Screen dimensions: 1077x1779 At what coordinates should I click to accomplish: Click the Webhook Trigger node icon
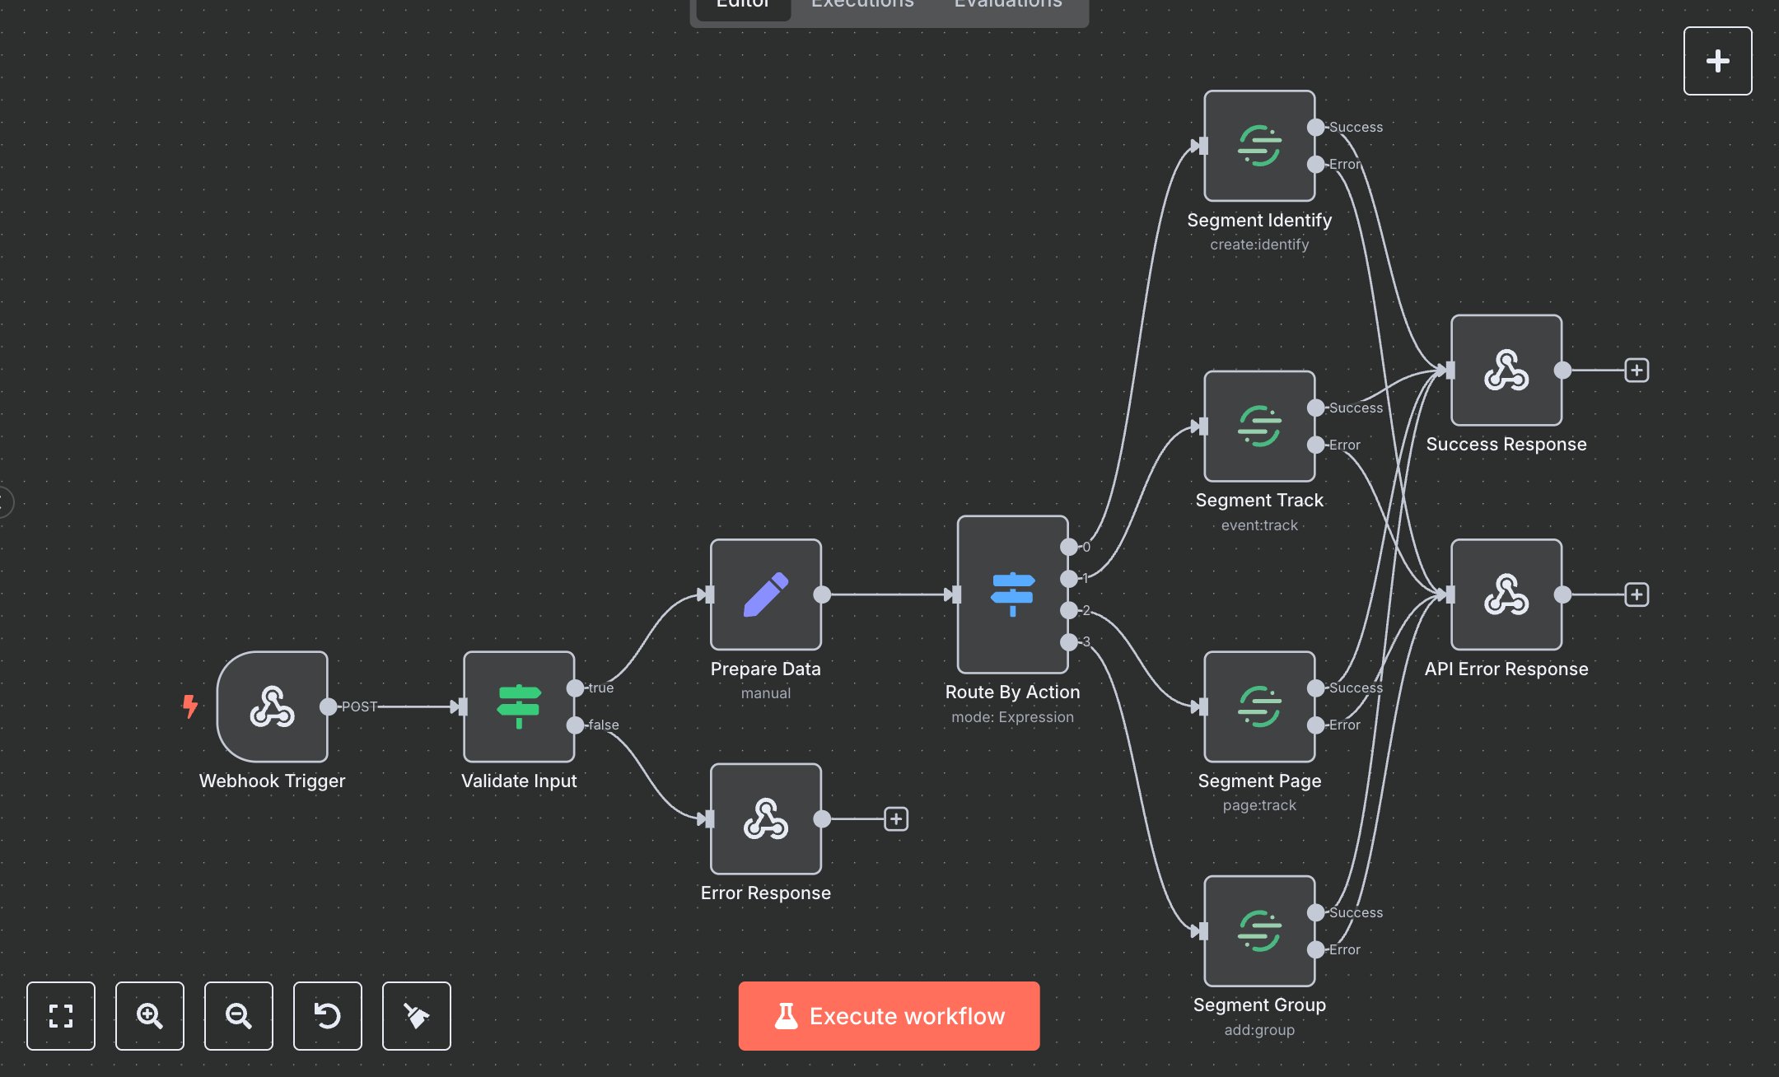[272, 706]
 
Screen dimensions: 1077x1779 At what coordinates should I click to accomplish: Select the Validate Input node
[519, 706]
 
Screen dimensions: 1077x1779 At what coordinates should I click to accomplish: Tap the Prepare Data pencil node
[765, 594]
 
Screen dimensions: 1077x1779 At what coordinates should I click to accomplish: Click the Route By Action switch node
[1012, 594]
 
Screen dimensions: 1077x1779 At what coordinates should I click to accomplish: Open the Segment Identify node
[1258, 146]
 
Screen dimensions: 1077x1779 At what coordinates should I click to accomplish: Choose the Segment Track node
[1258, 426]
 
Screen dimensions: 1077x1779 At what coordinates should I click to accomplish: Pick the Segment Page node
[1258, 706]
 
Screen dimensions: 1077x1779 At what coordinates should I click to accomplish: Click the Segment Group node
[1258, 930]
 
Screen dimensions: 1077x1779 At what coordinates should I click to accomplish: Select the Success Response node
[1506, 370]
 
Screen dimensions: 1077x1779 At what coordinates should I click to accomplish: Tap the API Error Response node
[1506, 594]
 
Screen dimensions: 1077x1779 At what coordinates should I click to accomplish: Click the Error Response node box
[765, 818]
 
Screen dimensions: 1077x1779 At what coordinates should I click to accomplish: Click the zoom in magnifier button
[149, 1015]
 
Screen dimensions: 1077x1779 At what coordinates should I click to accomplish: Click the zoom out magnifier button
[238, 1015]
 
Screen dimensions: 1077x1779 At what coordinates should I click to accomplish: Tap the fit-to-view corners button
[60, 1015]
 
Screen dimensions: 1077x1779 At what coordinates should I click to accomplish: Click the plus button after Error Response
[895, 818]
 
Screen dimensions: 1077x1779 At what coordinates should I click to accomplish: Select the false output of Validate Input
[576, 725]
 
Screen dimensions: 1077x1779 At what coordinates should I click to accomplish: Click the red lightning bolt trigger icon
[190, 706]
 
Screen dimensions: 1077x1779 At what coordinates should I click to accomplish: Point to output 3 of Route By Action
[1068, 641]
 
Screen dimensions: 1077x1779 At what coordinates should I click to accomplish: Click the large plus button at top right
[1717, 61]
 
